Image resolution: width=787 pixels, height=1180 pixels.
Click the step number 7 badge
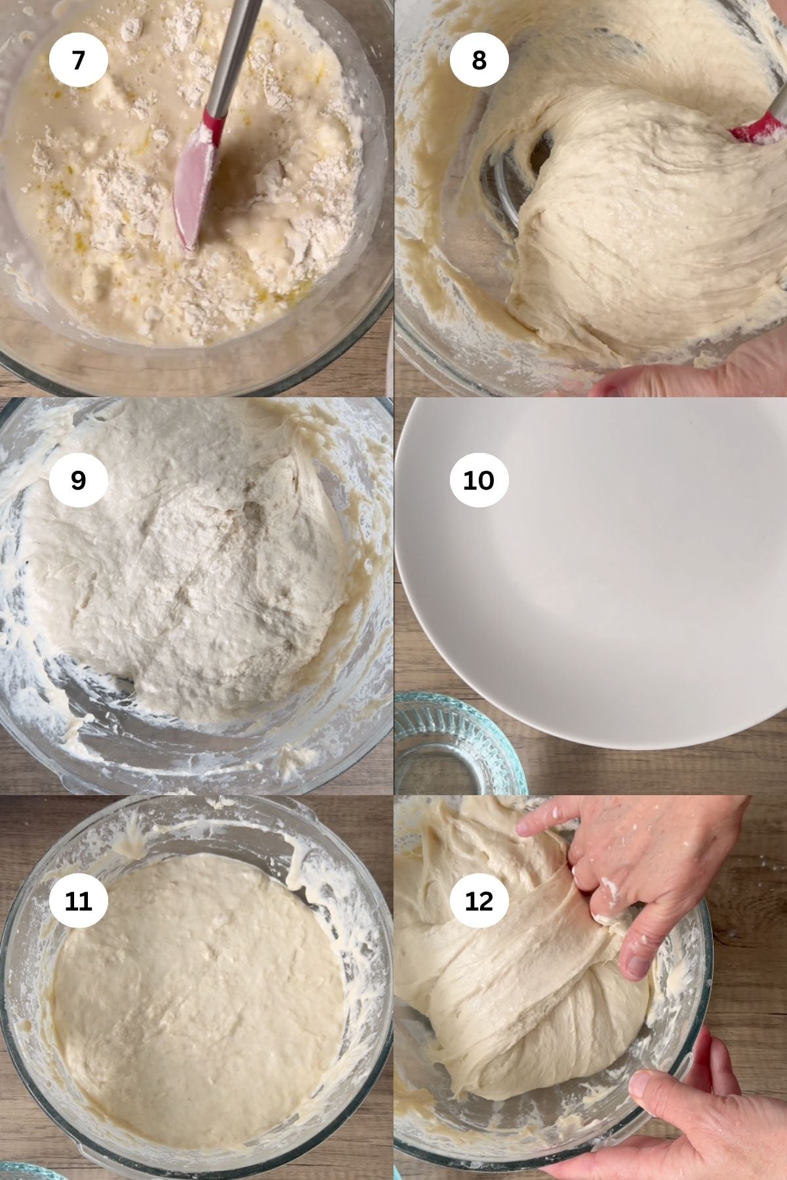(78, 60)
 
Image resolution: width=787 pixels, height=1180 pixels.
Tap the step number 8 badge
(479, 60)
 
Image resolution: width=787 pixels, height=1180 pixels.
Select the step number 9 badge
(78, 480)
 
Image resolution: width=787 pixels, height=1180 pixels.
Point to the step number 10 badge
(479, 480)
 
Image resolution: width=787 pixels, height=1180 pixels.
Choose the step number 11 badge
(78, 901)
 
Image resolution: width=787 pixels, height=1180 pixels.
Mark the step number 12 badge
(479, 901)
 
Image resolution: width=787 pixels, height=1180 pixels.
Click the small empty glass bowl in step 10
(453, 747)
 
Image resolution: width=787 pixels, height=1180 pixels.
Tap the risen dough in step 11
(197, 983)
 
